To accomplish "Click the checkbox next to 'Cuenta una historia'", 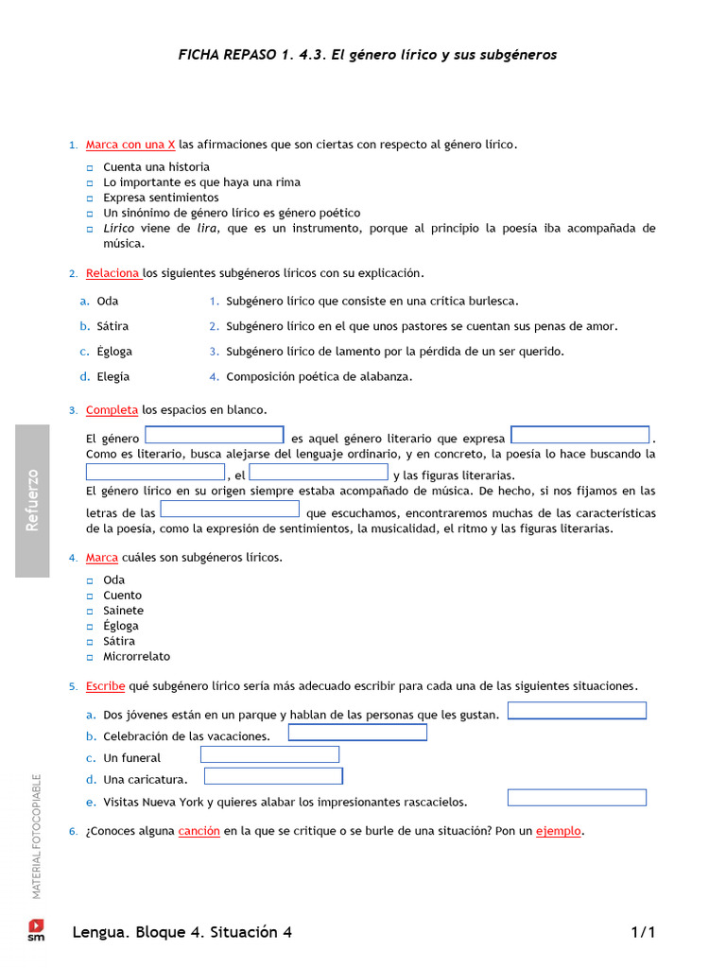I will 91,167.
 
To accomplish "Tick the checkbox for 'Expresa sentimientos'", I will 91,199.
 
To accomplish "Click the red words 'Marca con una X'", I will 130,145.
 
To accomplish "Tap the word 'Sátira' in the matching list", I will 112,326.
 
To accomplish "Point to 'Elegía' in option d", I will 112,376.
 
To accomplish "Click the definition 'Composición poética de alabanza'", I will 319,376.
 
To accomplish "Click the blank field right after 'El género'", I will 215,435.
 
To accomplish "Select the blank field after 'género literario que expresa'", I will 580,435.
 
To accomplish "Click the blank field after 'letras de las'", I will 230,510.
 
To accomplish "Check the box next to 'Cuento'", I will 91,596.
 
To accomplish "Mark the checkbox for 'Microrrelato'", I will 91,657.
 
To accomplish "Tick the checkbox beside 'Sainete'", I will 91,611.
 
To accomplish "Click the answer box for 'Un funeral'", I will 269,754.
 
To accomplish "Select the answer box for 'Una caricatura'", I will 273,776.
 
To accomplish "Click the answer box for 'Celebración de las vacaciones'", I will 357,733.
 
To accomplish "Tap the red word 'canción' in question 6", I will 199,831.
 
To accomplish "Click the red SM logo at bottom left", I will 36,929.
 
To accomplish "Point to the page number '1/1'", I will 643,933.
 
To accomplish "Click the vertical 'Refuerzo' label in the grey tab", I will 32,500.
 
